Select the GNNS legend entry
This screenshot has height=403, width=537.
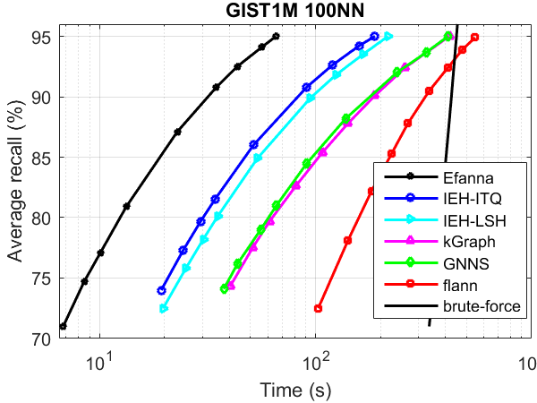465,264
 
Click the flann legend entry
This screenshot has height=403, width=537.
459,286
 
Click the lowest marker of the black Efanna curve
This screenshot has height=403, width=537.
63,326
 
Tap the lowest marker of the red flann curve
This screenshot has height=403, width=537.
318,308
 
